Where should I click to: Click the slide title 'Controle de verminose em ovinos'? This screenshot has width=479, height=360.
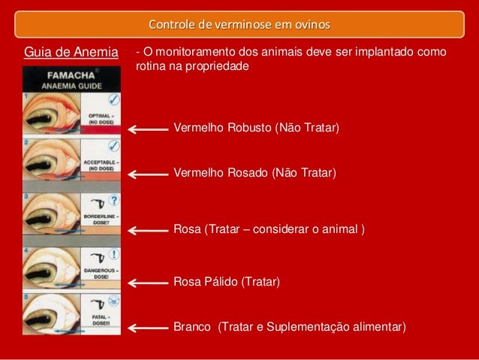tap(239, 24)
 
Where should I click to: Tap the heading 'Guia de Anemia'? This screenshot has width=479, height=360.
tap(71, 53)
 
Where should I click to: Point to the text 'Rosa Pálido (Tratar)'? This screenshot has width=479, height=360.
tap(227, 282)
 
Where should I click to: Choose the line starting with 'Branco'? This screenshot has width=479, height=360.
tap(290, 327)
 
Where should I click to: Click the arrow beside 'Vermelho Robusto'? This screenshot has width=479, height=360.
tap(148, 129)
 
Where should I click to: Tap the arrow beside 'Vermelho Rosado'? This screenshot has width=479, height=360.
tap(148, 174)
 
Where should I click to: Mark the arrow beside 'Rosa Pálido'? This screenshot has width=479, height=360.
tap(148, 283)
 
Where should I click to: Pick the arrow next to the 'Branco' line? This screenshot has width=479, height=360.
tap(148, 327)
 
